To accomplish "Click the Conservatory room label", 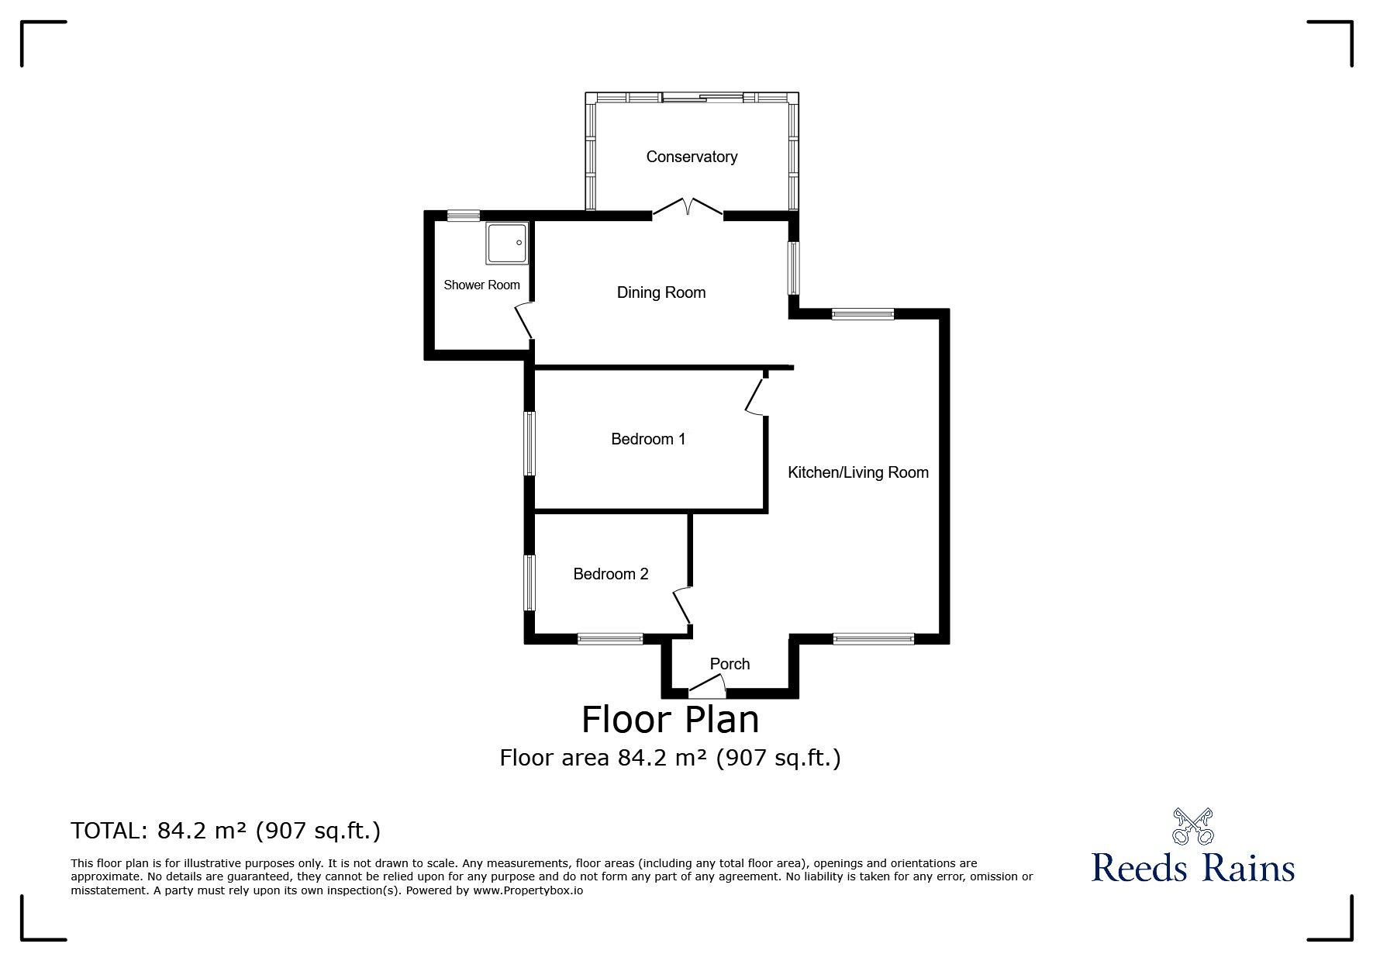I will [692, 157].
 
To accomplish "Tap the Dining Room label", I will [661, 292].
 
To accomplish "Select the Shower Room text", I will [481, 285].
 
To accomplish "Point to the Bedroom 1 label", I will [648, 439].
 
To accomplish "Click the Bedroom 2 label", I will [610, 574].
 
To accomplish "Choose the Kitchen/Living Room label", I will [857, 472].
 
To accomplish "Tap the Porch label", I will [730, 664].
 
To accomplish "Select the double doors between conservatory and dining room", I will [688, 208].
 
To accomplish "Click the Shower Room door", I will [524, 320].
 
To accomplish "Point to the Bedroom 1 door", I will [754, 396].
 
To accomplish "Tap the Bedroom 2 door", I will [682, 607].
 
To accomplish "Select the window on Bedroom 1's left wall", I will [530, 443].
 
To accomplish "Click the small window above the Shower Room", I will [464, 216].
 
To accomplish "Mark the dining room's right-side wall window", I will [794, 268].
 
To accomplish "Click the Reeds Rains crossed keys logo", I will [1192, 826].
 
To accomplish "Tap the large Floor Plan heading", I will [670, 719].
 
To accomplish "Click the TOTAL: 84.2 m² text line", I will [226, 831].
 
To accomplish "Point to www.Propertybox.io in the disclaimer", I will [528, 891].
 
